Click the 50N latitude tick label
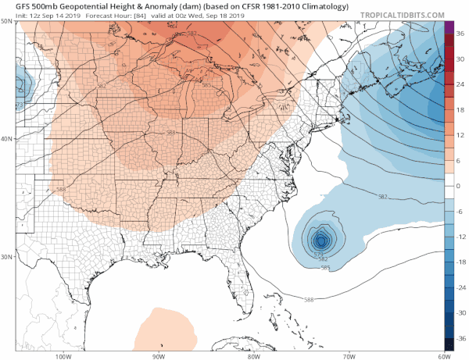pyautogui.click(x=7, y=22)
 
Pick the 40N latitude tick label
pyautogui.click(x=7, y=139)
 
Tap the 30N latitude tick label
pyautogui.click(x=7, y=257)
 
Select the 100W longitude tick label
pyautogui.click(x=64, y=356)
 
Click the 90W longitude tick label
pyautogui.click(x=159, y=356)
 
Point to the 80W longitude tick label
pyautogui.click(x=253, y=356)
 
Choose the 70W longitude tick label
pyautogui.click(x=346, y=356)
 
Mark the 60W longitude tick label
pyautogui.click(x=440, y=356)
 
